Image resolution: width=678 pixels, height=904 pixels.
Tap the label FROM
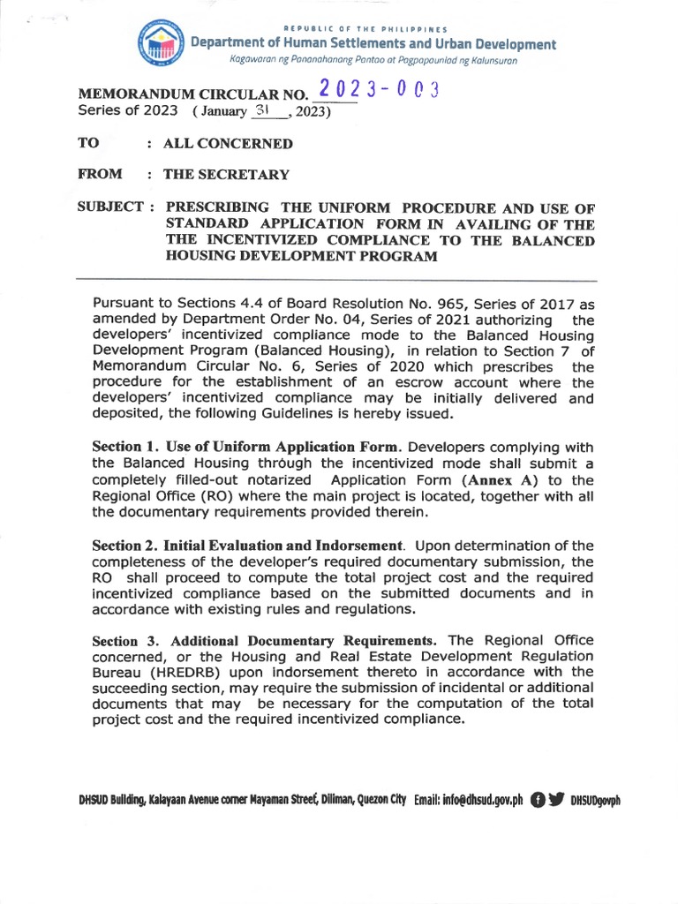tap(100, 175)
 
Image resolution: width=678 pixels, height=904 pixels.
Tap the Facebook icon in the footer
tap(537, 800)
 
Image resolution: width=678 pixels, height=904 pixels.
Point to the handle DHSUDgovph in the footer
tap(597, 800)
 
